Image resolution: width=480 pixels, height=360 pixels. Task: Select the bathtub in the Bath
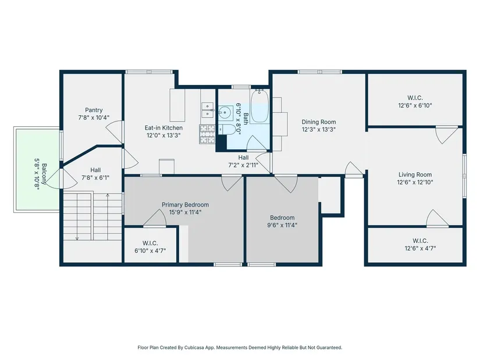(259, 106)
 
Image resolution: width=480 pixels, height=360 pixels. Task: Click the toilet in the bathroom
(227, 129)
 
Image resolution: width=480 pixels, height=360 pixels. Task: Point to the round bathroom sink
(225, 112)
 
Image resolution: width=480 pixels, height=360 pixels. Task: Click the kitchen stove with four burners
(207, 134)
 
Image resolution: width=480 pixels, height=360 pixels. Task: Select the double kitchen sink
(208, 110)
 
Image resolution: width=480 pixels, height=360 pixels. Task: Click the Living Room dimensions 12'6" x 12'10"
(415, 182)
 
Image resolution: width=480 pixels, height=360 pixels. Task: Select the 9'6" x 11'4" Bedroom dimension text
(282, 225)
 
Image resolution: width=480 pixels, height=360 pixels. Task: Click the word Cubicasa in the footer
(194, 347)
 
